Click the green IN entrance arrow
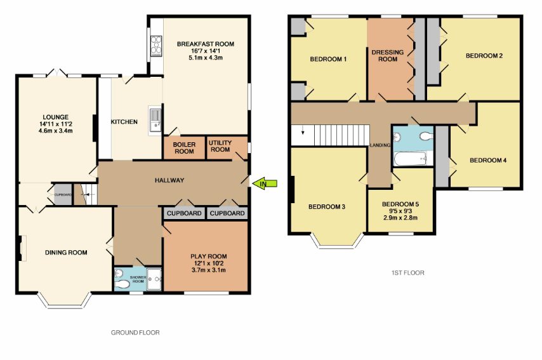click(x=267, y=183)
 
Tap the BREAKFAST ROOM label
click(x=206, y=44)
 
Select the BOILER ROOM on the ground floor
click(x=184, y=147)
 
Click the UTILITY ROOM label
click(x=220, y=146)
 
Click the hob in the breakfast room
click(x=155, y=44)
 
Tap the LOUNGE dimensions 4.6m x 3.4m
click(x=55, y=131)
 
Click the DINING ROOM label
click(x=66, y=253)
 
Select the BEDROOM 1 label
click(x=328, y=60)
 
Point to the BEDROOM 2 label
click(x=484, y=56)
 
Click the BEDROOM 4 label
click(x=488, y=161)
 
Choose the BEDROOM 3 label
click(x=326, y=207)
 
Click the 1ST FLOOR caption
click(x=408, y=273)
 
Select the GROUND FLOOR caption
click(x=135, y=333)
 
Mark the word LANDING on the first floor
click(x=380, y=145)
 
